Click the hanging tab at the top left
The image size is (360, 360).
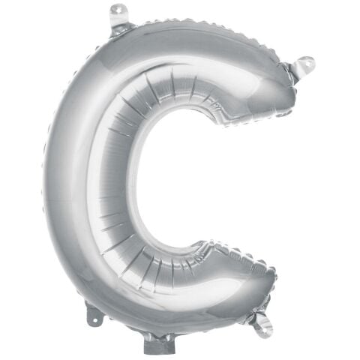pyautogui.click(x=117, y=13)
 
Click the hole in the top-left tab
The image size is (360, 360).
pyautogui.click(x=117, y=10)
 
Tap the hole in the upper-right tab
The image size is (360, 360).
pyautogui.click(x=307, y=64)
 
